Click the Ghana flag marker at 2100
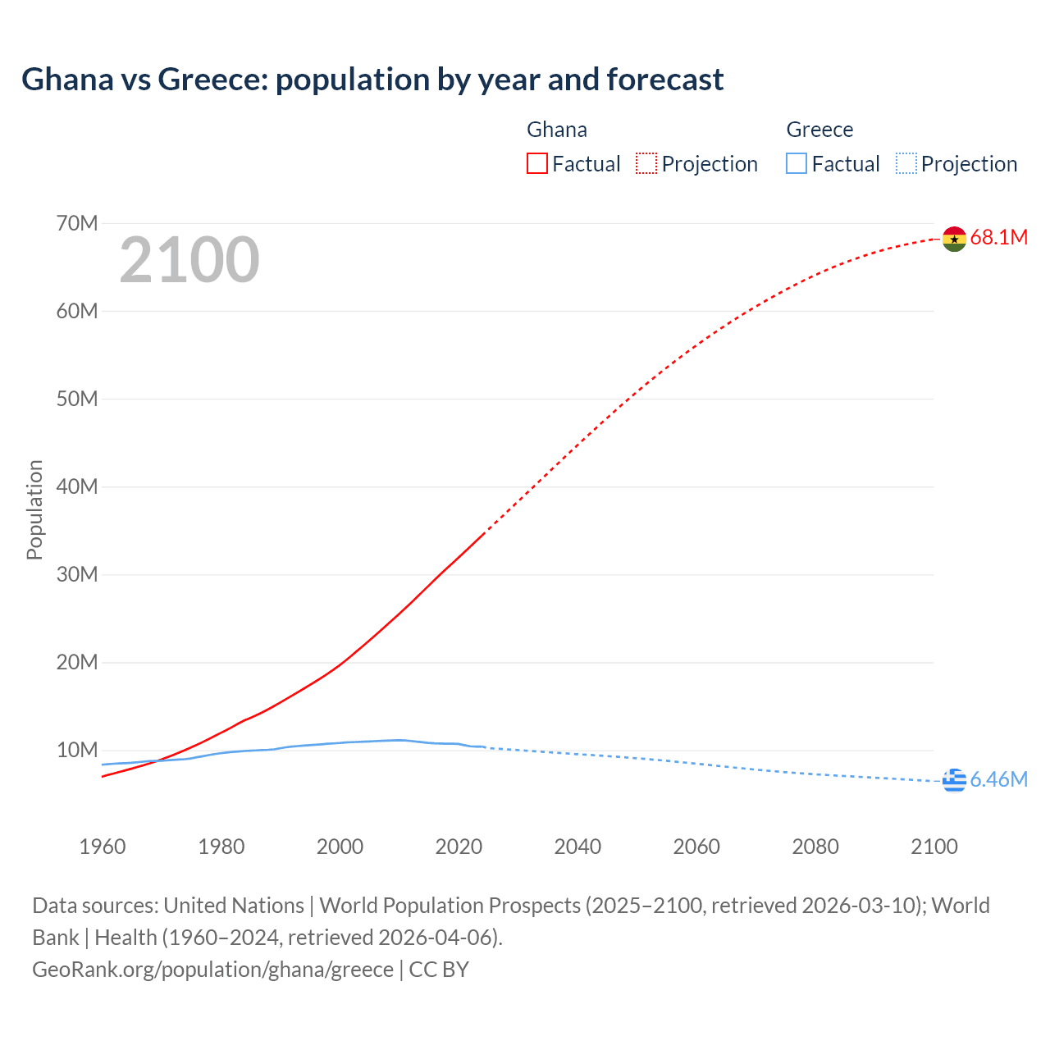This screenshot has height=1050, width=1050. point(954,239)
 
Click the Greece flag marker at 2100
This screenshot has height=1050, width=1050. point(954,781)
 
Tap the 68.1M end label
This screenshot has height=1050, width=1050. point(998,238)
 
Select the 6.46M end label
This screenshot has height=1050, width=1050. point(998,780)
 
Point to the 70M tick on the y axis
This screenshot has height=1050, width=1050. point(77,224)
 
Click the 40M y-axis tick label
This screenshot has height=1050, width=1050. point(77,487)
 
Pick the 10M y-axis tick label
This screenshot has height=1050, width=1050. point(77,751)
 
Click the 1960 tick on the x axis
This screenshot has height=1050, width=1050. point(103,847)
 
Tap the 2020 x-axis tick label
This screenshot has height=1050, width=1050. point(459,847)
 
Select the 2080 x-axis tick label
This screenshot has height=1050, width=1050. point(815,847)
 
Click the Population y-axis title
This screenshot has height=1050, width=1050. point(34,509)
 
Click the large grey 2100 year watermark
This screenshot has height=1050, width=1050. point(189,260)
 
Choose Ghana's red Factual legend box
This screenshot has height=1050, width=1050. point(537,164)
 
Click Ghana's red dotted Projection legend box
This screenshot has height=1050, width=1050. point(646,164)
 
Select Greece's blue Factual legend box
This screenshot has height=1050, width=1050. point(797,164)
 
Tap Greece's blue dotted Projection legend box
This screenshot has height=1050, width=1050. point(906,164)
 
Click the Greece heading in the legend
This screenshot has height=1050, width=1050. point(819,130)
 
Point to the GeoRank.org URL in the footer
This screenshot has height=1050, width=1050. point(212,970)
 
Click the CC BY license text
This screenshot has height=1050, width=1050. point(439,970)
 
